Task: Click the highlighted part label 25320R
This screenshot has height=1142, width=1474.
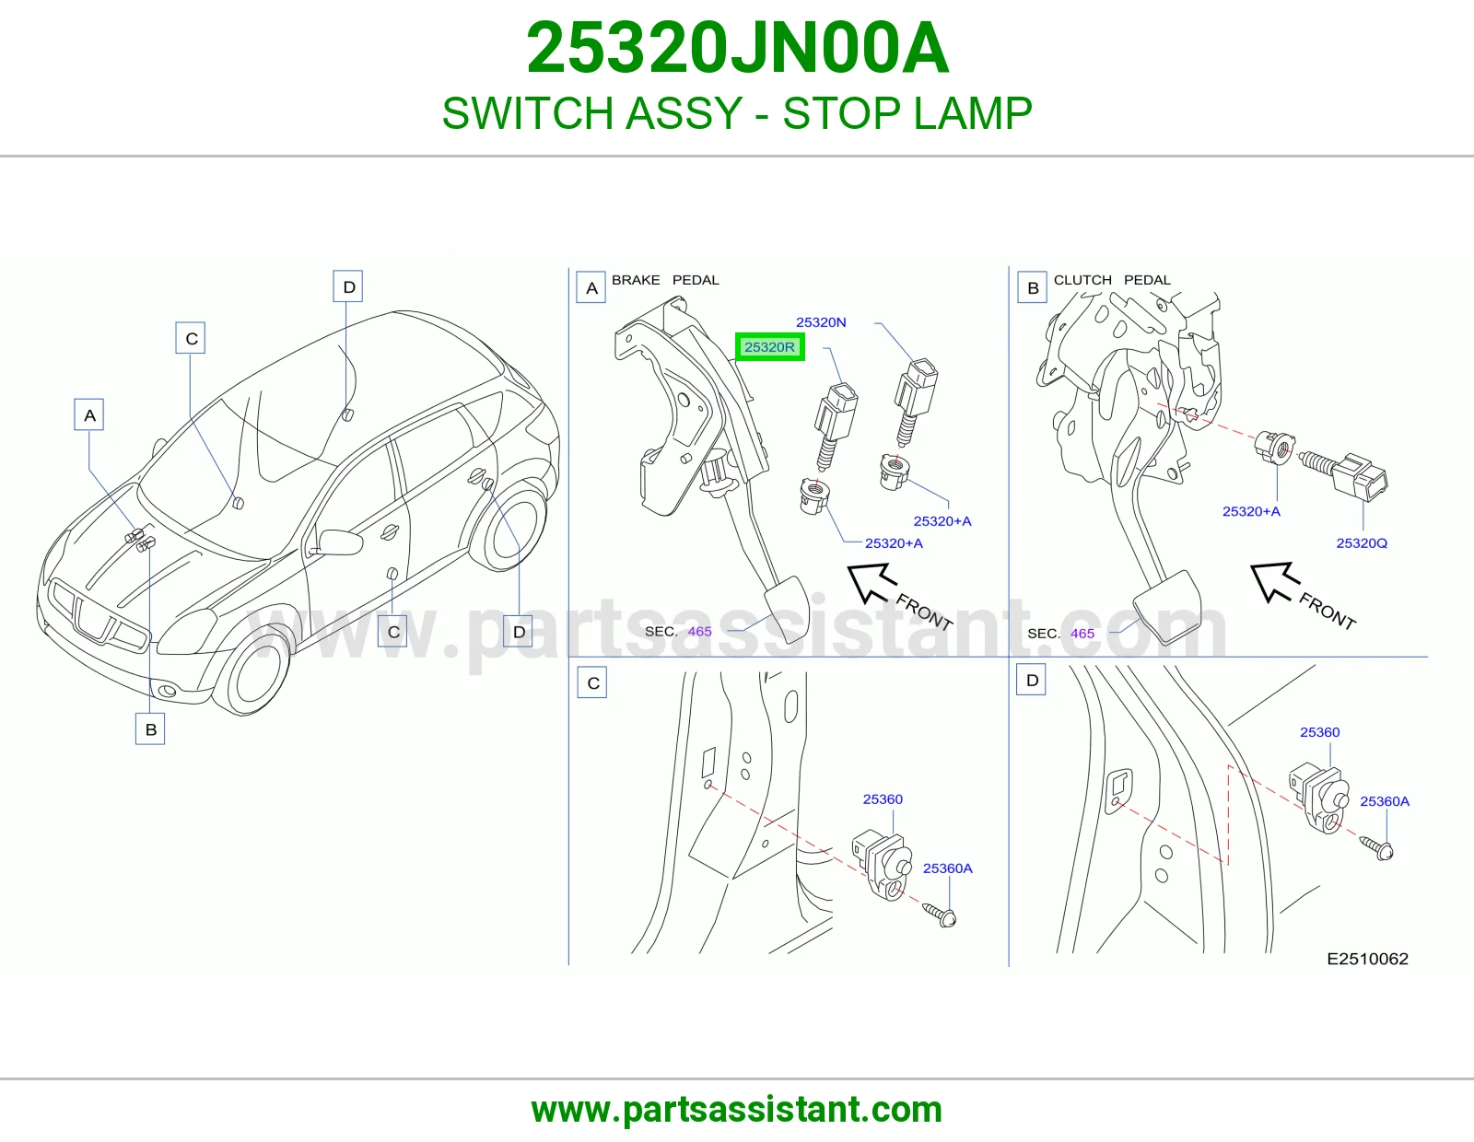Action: click(770, 347)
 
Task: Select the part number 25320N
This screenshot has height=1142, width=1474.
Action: click(821, 322)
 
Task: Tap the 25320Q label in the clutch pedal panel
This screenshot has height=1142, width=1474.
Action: click(1362, 543)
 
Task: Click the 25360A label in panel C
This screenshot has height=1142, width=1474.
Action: click(948, 868)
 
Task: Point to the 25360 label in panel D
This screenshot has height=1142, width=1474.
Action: click(1319, 732)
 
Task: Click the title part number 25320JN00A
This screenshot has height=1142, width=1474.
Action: click(737, 48)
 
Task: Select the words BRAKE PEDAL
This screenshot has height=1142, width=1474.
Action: click(665, 280)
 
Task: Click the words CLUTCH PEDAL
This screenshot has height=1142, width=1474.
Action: click(1112, 280)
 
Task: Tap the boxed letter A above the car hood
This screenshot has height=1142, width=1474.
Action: click(88, 415)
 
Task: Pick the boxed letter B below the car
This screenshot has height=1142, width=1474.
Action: click(150, 729)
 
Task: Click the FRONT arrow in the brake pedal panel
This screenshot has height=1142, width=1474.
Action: click(872, 583)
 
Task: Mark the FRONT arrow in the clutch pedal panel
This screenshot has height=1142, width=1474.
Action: click(1275, 582)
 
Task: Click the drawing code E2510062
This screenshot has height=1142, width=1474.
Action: click(1367, 959)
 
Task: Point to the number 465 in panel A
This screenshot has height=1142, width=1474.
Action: click(699, 632)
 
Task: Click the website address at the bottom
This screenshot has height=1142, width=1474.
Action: click(737, 1110)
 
